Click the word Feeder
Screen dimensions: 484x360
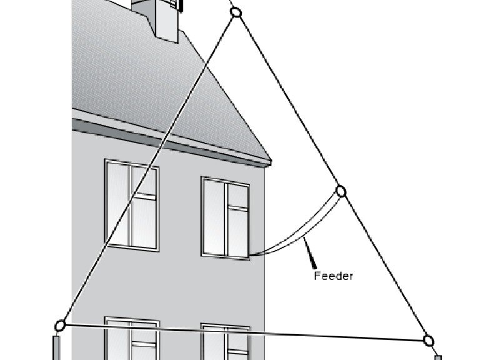pos(333,276)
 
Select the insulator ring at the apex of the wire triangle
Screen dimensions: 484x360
pos(236,12)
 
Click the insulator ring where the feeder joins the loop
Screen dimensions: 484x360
pos(341,191)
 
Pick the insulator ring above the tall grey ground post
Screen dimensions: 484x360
pos(60,325)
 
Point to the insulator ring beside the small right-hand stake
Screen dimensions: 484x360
pos(428,341)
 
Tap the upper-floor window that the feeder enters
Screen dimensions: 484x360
pos(225,217)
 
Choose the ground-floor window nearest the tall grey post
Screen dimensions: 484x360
pos(132,341)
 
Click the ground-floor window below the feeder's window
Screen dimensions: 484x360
pos(225,342)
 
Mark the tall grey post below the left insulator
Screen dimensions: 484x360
pos(56,348)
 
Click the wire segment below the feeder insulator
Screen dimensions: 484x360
pos(384,266)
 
